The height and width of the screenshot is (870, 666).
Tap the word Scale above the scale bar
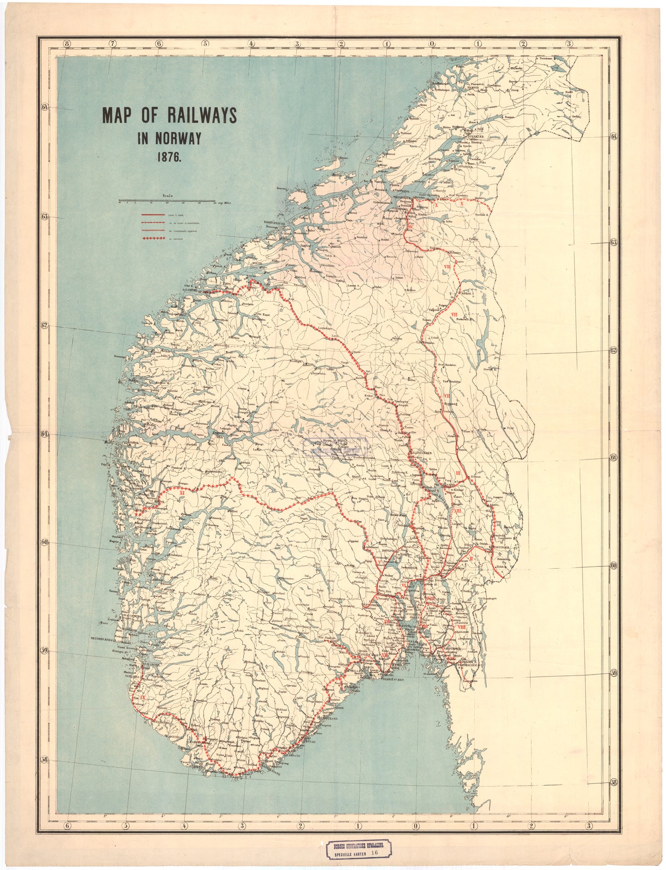(167, 196)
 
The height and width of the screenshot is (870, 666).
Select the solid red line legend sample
(153, 215)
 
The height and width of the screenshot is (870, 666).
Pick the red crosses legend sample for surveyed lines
(153, 238)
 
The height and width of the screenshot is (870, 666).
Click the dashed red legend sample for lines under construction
(153, 223)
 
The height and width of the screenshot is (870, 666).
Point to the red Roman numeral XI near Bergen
(182, 492)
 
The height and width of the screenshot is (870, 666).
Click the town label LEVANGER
(465, 167)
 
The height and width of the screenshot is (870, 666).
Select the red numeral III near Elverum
(459, 473)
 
